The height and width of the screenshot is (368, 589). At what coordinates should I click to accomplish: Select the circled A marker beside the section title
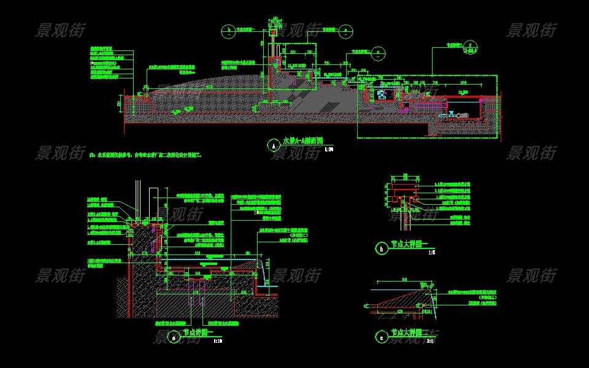(272, 145)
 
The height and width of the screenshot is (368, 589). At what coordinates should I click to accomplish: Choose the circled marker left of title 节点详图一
(173, 337)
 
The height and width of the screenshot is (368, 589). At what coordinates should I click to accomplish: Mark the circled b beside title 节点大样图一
(382, 248)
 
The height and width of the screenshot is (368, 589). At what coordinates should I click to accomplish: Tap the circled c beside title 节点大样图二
(382, 336)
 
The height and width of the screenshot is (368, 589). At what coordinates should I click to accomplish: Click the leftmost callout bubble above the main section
(227, 29)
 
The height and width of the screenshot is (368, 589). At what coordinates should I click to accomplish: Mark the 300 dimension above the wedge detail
(388, 280)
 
